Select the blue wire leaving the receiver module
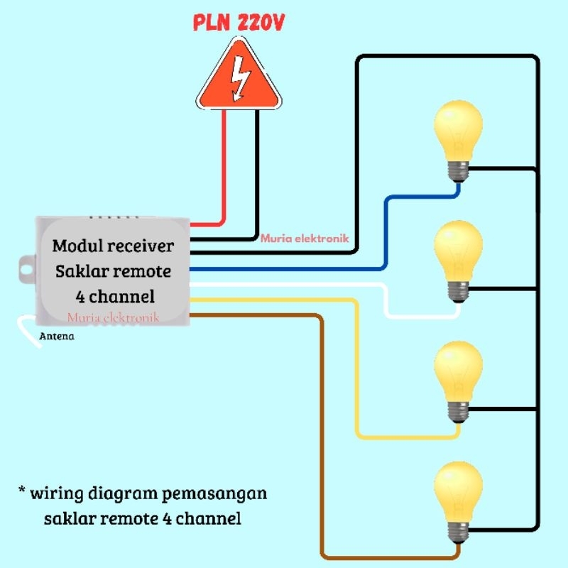(284, 269)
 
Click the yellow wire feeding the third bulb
(356, 369)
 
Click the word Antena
(56, 337)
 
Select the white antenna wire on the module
(28, 331)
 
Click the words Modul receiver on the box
(113, 246)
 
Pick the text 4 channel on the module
(114, 295)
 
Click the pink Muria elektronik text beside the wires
(305, 239)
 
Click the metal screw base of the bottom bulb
(459, 527)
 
